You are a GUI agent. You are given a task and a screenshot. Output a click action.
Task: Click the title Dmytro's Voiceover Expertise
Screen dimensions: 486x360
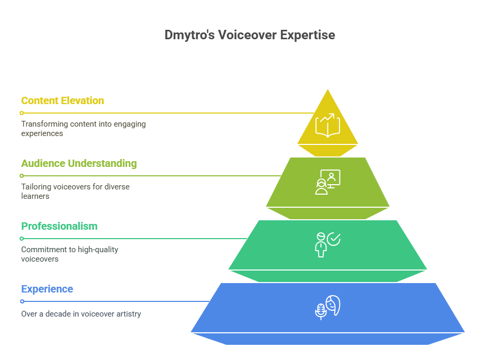(x=250, y=35)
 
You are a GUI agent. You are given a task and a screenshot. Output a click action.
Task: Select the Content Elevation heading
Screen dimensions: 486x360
(x=63, y=101)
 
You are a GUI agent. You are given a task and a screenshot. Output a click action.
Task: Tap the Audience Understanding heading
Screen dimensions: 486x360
(x=79, y=163)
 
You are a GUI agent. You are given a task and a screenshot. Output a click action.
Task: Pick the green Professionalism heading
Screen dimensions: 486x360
(x=59, y=227)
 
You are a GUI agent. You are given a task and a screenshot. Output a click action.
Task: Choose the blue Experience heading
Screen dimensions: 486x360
(x=47, y=289)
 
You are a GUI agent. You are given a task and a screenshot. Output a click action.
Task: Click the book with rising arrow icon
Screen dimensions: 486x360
(x=327, y=126)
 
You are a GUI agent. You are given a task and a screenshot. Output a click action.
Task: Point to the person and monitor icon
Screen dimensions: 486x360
(x=327, y=182)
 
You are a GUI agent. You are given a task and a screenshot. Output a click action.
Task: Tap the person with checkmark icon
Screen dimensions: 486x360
(x=327, y=245)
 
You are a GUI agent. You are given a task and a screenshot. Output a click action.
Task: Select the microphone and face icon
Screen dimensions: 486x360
(x=327, y=307)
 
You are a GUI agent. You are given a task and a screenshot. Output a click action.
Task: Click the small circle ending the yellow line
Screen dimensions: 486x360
(x=21, y=113)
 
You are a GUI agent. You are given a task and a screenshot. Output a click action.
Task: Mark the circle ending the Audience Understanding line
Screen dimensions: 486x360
(x=21, y=176)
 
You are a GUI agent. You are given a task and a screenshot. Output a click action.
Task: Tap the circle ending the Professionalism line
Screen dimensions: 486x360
(x=21, y=239)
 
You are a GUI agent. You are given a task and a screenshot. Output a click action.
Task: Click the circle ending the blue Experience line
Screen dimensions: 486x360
(x=22, y=301)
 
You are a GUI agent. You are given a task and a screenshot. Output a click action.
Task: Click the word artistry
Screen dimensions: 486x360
(x=128, y=314)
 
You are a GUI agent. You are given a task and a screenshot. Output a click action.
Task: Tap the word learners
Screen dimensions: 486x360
(x=36, y=196)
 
